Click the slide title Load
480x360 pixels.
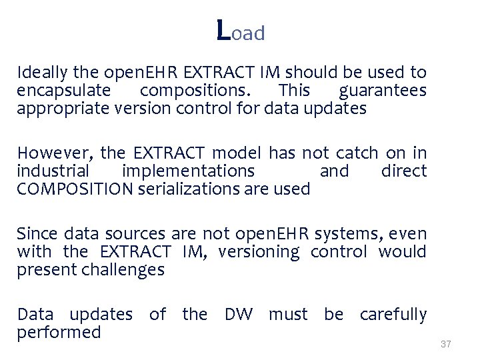[x=241, y=31]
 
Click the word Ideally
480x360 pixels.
[x=40, y=73]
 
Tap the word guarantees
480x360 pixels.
[x=383, y=91]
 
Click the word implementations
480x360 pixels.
[x=189, y=171]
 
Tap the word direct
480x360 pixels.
[x=403, y=171]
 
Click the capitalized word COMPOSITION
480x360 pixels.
[x=75, y=189]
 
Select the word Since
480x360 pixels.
[x=37, y=233]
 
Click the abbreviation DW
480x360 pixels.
[x=239, y=314]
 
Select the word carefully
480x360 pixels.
[x=393, y=314]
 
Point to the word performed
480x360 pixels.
[x=59, y=332]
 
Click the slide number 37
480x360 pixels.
[x=446, y=344]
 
